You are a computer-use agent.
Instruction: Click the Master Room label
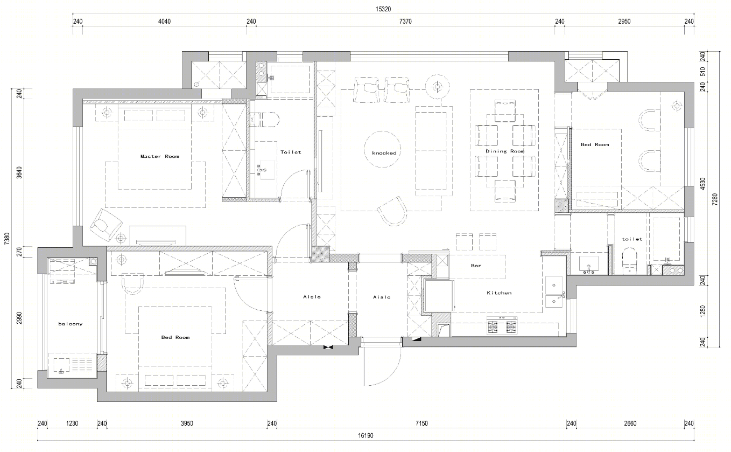[x=159, y=156]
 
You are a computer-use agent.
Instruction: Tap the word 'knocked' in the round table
[x=384, y=153]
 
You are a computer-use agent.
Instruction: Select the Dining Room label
[x=505, y=151]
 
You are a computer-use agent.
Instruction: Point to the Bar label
[x=476, y=266]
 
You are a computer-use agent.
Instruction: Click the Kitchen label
[x=499, y=293]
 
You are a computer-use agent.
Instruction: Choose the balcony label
[x=70, y=324]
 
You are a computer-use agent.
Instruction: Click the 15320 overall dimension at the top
[x=383, y=9]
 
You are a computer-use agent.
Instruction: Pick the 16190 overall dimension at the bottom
[x=365, y=435]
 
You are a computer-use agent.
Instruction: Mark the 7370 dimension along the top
[x=405, y=22]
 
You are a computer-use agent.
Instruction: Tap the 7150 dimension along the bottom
[x=421, y=423]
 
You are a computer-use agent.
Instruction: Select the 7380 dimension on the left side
[x=7, y=239]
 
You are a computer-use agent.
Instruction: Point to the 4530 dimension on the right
[x=702, y=184]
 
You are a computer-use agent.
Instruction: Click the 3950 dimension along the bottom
[x=187, y=423]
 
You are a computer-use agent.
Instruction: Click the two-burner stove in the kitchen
[x=502, y=325]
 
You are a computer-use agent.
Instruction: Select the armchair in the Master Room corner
[x=106, y=224]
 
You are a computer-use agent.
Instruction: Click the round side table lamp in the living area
[x=437, y=87]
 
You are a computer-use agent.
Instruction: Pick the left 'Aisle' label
[x=312, y=297]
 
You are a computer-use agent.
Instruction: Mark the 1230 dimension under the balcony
[x=72, y=423]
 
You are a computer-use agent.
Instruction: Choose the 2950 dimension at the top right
[x=624, y=22]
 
